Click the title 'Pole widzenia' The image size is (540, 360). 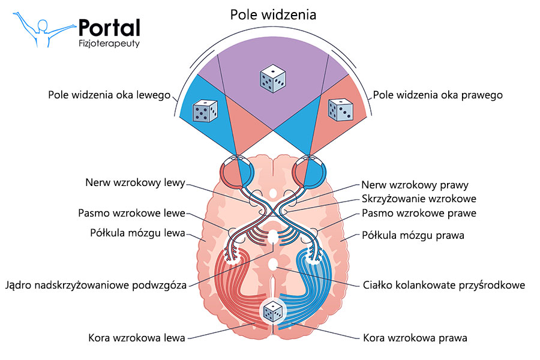point(273,14)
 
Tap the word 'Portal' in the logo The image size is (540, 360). point(109,27)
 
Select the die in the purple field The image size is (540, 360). point(272,80)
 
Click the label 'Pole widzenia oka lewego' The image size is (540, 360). point(110,95)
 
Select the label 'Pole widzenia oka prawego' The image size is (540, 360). point(437,95)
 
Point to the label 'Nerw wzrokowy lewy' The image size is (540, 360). point(136,183)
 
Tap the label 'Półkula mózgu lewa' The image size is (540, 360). point(132,233)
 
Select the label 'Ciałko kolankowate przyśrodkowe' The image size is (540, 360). point(445,285)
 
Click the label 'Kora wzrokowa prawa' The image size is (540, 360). point(415,338)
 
